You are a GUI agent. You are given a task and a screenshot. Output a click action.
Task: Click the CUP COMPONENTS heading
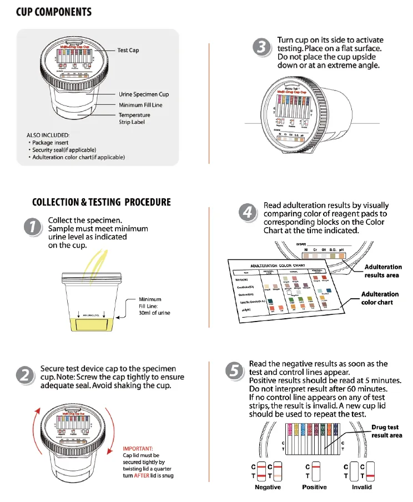(x=53, y=12)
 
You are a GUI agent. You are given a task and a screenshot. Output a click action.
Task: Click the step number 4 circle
(x=248, y=213)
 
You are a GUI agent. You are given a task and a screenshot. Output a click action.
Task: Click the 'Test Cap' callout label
(x=128, y=51)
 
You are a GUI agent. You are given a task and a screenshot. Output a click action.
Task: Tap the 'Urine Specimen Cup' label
(x=144, y=94)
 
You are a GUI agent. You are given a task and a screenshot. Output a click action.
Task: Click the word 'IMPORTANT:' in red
(x=138, y=448)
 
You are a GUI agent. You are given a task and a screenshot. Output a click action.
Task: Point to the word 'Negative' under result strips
(x=268, y=487)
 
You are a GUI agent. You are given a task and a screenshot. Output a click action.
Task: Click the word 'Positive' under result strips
(x=314, y=487)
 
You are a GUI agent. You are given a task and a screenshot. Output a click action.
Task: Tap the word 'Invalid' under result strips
(x=361, y=487)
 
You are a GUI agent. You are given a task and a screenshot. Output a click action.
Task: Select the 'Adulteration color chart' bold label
(x=380, y=298)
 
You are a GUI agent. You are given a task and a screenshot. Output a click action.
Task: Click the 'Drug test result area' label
(x=386, y=431)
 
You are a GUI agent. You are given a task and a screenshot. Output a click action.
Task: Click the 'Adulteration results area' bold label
(x=383, y=271)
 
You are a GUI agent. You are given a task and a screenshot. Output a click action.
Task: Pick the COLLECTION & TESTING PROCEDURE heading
(x=102, y=202)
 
